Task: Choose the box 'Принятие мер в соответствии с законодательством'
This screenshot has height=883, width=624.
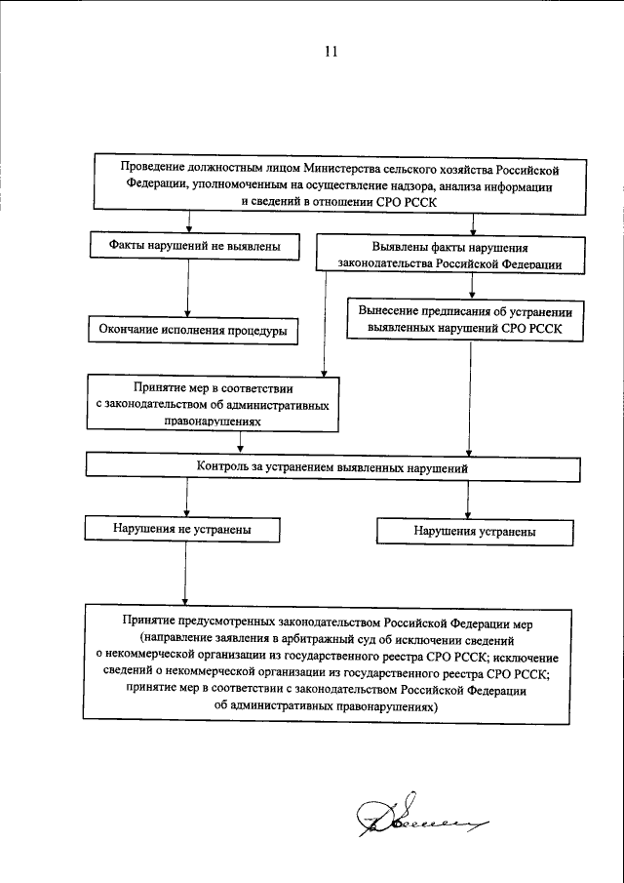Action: [214, 403]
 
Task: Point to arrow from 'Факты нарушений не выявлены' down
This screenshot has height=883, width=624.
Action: [186, 288]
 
